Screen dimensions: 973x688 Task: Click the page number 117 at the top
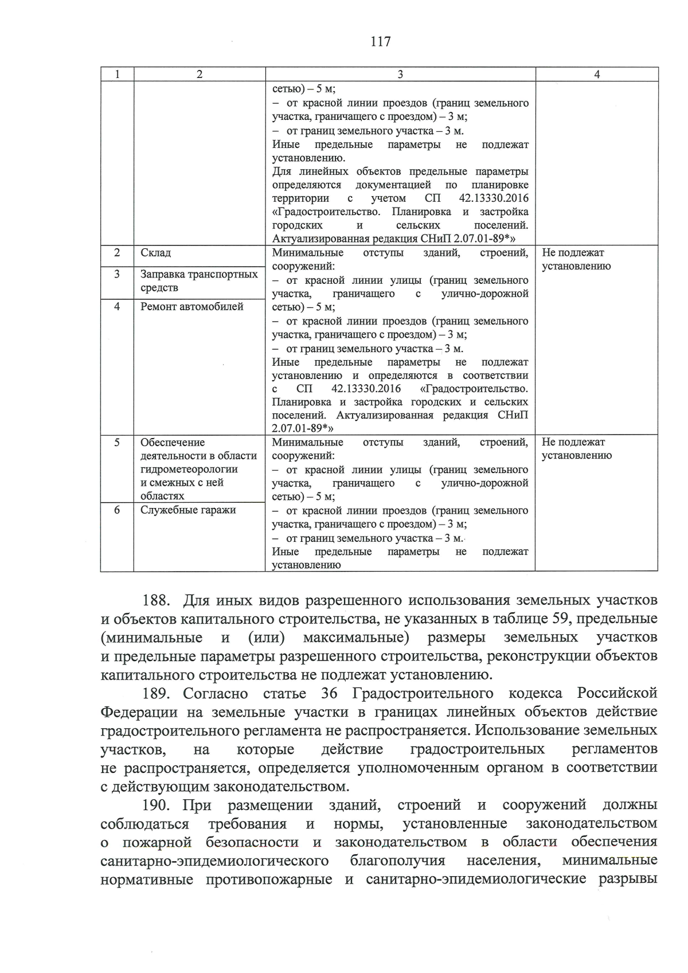coord(381,41)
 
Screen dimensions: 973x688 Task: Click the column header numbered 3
coord(400,75)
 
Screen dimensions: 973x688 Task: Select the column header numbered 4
coord(596,75)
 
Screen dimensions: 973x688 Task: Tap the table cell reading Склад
coord(155,253)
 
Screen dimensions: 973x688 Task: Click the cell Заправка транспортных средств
coord(198,281)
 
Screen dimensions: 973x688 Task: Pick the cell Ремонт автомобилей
coord(191,306)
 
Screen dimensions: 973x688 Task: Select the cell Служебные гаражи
coord(188,510)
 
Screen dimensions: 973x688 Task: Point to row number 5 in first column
coord(117,442)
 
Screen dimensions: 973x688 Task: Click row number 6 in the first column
coord(117,510)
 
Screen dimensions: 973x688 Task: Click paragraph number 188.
coord(157,600)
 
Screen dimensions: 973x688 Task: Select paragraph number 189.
coord(157,694)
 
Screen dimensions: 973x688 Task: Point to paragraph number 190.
coord(157,805)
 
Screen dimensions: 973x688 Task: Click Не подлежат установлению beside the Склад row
coord(576,259)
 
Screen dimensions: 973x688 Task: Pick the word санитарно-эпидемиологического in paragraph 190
coord(214,861)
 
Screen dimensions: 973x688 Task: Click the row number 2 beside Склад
coord(117,253)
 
